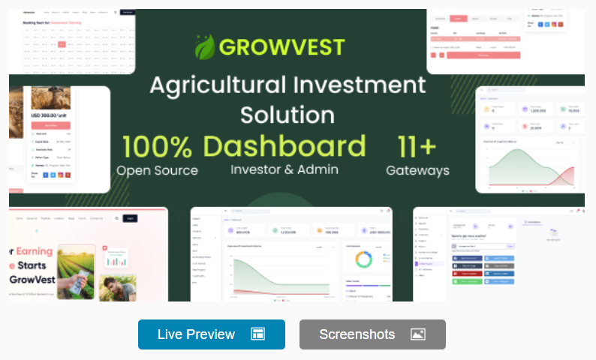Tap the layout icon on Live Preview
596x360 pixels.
click(257, 334)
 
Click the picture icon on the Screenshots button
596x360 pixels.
click(418, 334)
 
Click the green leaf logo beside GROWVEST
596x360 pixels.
click(205, 46)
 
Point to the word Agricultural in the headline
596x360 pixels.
click(212, 84)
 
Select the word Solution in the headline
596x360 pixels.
click(287, 114)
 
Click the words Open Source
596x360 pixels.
click(157, 170)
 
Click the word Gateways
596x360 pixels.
click(417, 170)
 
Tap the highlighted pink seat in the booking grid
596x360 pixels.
click(62, 44)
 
